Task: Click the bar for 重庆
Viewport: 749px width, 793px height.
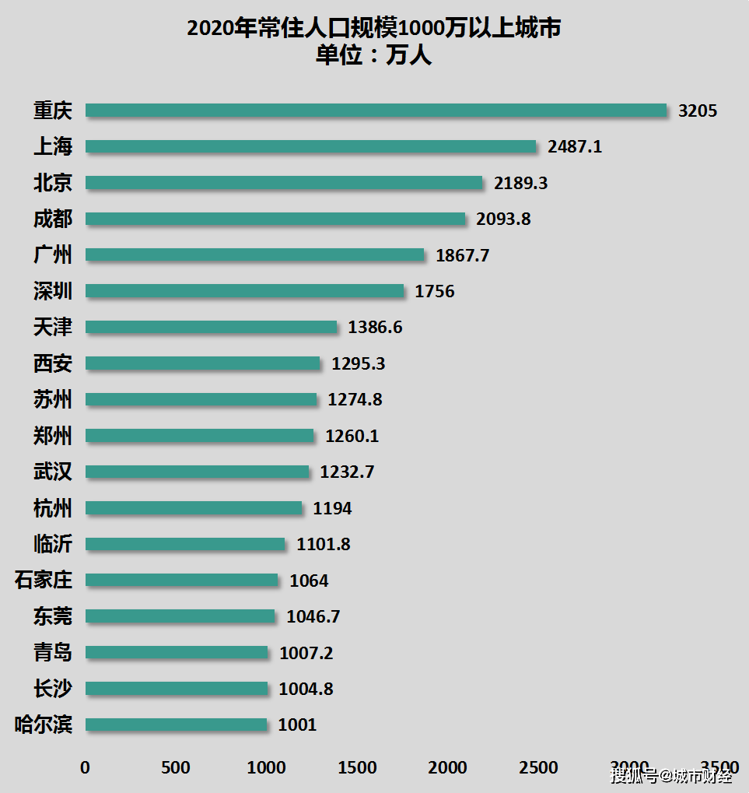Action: [376, 111]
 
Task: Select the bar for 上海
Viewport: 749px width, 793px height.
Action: [311, 146]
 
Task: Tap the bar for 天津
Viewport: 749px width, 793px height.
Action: [212, 327]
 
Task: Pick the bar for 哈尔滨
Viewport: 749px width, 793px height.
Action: [176, 725]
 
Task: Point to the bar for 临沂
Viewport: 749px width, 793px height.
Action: [185, 544]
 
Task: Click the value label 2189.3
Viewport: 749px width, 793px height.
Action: [520, 183]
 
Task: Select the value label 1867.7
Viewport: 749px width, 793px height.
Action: [462, 255]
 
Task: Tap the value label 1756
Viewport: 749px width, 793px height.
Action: [435, 291]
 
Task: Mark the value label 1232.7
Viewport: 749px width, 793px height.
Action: [347, 472]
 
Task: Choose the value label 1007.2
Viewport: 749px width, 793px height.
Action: [306, 653]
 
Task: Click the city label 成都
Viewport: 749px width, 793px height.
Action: [53, 219]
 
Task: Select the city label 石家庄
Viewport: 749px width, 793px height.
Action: [44, 580]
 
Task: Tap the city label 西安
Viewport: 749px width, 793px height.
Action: [53, 363]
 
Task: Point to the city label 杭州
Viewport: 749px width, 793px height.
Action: [53, 508]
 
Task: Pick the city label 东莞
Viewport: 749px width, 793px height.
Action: [53, 616]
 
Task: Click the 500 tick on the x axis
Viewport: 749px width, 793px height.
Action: [176, 767]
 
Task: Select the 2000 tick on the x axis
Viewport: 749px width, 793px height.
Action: [448, 767]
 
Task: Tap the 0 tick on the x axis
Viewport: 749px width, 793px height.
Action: [86, 767]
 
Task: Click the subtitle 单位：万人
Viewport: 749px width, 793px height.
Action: [373, 56]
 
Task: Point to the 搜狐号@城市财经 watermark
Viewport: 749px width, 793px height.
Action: [670, 775]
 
